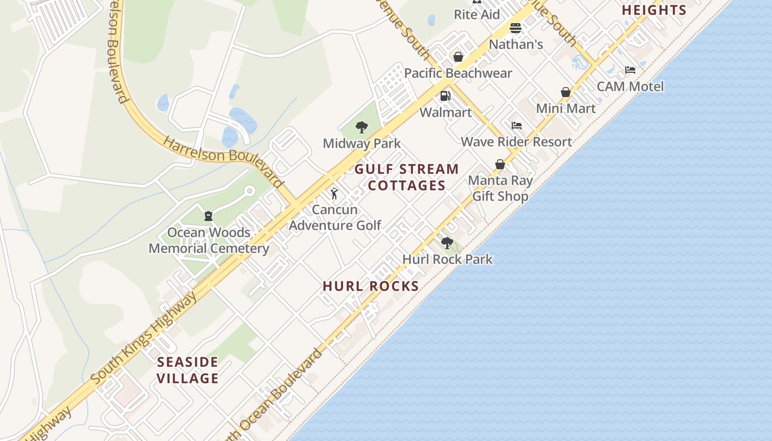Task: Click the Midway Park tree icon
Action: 362,128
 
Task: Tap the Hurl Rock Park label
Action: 447,259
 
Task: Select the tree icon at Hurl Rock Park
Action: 447,243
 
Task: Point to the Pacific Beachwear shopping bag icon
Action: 458,57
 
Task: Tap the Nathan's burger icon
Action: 516,28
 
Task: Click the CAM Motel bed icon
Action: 630,70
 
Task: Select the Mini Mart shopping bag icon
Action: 566,92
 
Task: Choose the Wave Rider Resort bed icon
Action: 517,126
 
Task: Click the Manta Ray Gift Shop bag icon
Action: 500,164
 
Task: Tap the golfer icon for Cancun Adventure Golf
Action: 334,193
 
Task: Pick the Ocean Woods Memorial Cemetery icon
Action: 208,216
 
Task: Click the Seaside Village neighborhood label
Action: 188,370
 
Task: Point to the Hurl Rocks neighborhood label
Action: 371,286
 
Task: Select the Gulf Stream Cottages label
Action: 406,177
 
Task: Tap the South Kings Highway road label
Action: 144,338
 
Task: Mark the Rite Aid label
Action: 477,15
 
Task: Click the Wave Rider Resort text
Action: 517,142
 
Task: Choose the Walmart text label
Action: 446,112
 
